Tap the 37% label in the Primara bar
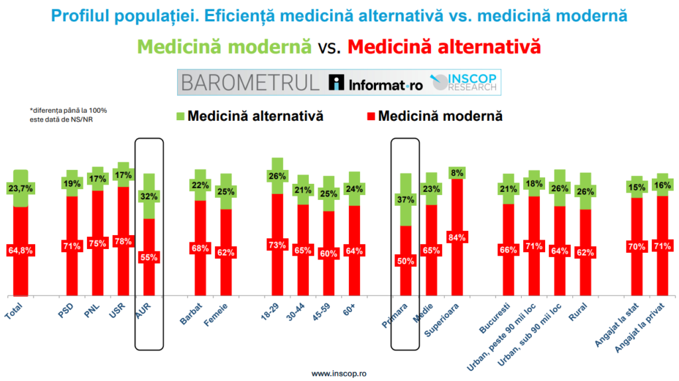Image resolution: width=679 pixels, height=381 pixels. tap(405, 199)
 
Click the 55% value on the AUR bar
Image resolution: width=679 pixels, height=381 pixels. tap(149, 257)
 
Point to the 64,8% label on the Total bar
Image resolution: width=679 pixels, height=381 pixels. tap(21, 250)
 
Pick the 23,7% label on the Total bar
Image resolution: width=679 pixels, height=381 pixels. tap(21, 189)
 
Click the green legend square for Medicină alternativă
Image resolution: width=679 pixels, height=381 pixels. tap(180, 117)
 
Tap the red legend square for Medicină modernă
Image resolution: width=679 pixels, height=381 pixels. tap(371, 117)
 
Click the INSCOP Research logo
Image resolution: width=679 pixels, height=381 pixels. tap(464, 82)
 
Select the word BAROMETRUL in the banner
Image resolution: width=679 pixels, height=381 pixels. tap(249, 82)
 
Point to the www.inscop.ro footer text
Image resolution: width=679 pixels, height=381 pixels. tap(339, 374)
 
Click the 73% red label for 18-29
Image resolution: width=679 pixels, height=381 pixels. tap(277, 245)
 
